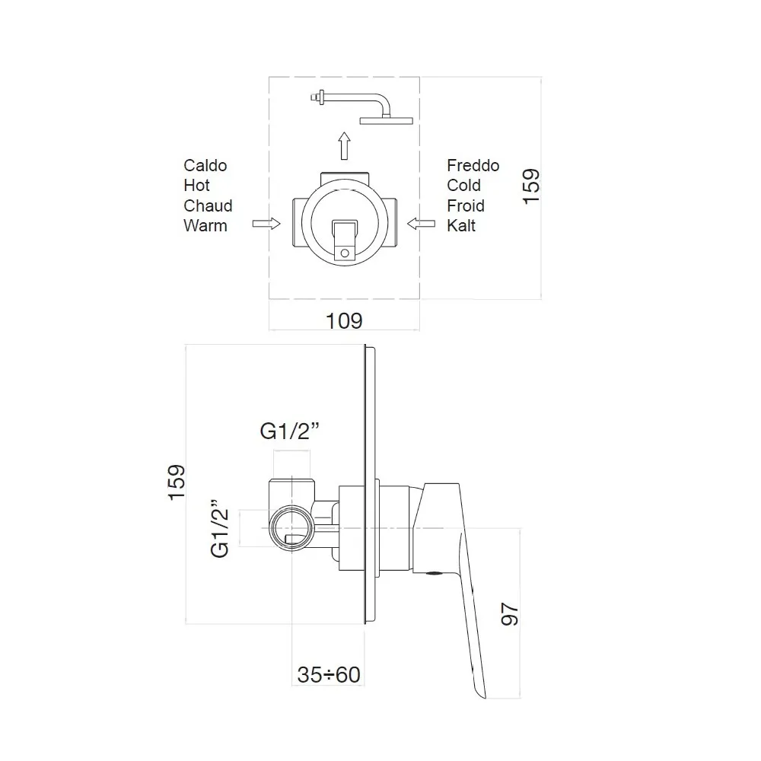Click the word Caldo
coord(205,165)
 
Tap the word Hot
coord(196,186)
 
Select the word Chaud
coord(208,205)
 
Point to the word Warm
coord(205,226)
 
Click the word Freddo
coord(473,165)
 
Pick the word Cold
coord(464,186)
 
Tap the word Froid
coord(466,205)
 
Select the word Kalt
coord(461,226)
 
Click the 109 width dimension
coord(344,321)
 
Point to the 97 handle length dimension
coord(510,614)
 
